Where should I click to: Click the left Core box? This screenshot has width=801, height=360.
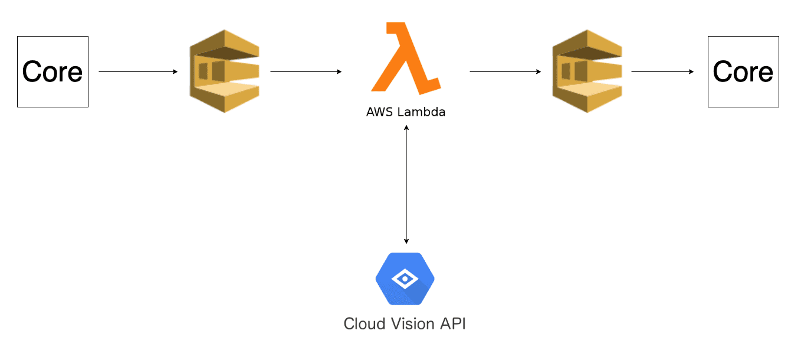(x=53, y=71)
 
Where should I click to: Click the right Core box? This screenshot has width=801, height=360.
(x=743, y=71)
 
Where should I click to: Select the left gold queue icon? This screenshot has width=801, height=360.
(x=225, y=71)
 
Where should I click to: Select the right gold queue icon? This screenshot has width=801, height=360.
(x=587, y=71)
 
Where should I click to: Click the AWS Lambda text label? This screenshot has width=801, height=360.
(x=406, y=112)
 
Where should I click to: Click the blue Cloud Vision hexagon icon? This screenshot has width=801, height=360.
(x=405, y=279)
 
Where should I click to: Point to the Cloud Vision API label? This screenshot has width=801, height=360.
(x=405, y=324)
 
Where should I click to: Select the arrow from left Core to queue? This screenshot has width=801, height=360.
(x=138, y=71)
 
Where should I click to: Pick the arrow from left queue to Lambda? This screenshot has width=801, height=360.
(x=306, y=71)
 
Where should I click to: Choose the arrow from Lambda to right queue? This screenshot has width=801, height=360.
(x=505, y=71)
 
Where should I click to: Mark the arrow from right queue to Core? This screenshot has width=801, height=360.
(x=662, y=71)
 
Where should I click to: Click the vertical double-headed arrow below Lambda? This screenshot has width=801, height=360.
(x=406, y=185)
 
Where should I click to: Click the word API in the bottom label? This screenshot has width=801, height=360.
(x=453, y=324)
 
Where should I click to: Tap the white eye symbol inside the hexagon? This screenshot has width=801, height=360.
(x=405, y=279)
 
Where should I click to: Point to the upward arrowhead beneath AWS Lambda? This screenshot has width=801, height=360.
(x=406, y=127)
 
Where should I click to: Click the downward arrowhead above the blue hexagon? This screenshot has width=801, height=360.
(x=406, y=241)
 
